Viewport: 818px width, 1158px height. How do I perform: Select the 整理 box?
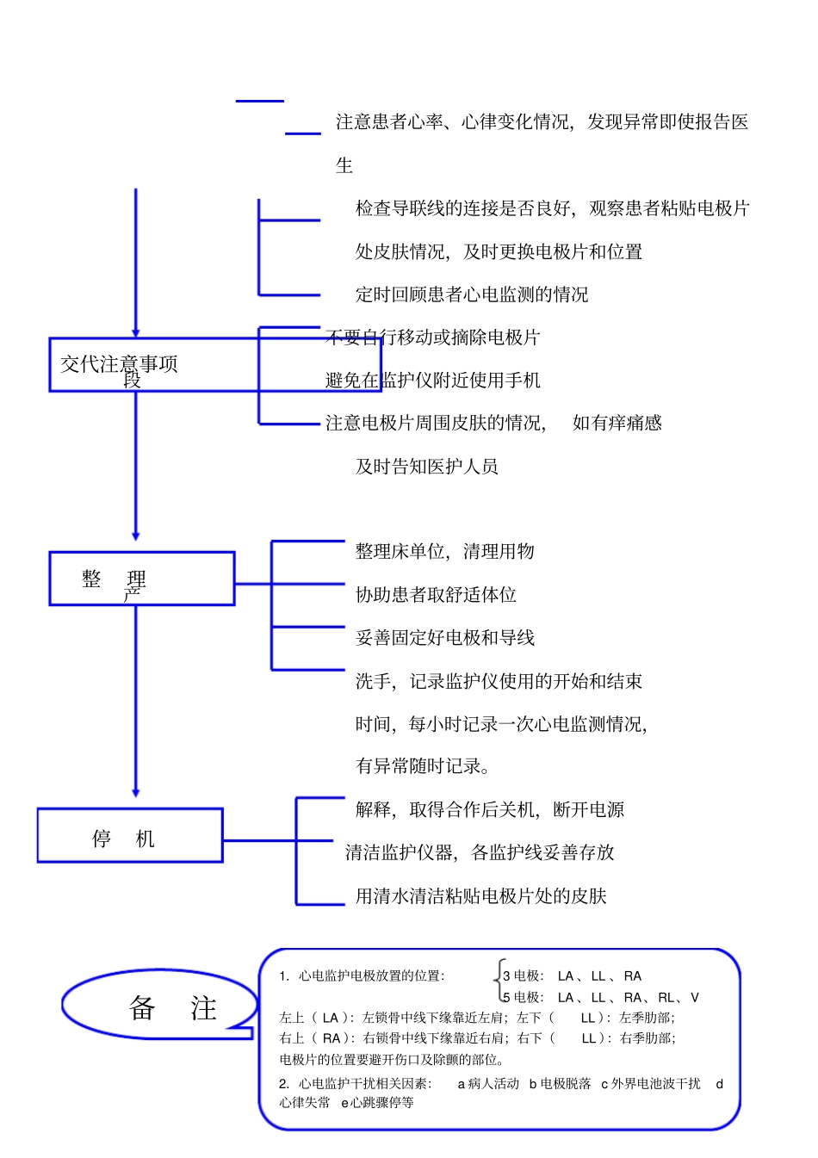tap(142, 579)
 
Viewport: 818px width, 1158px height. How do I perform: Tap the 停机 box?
tap(130, 836)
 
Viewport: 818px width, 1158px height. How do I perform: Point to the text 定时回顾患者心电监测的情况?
tap(472, 294)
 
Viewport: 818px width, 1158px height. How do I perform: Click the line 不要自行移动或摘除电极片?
tap(432, 337)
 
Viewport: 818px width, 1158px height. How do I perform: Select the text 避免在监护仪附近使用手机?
tap(432, 380)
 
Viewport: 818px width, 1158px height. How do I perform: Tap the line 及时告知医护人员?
tap(427, 467)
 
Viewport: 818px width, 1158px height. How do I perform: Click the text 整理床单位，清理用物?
tap(444, 551)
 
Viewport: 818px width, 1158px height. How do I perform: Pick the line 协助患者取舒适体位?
tap(436, 595)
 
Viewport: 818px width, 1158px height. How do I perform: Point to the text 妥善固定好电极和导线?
tap(444, 638)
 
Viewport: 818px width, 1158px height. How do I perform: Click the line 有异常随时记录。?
tap(424, 766)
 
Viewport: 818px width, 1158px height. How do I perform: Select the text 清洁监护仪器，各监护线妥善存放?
tap(480, 852)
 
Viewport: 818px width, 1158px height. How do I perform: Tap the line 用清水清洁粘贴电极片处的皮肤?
tap(480, 896)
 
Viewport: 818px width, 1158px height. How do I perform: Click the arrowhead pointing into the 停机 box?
tap(135, 793)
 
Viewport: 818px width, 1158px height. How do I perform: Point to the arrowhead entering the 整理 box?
tap(135, 536)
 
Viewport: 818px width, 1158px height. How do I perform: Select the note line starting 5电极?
tap(601, 998)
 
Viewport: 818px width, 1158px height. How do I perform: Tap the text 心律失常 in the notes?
tap(304, 1102)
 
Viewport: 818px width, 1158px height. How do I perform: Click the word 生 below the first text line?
tap(344, 165)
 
